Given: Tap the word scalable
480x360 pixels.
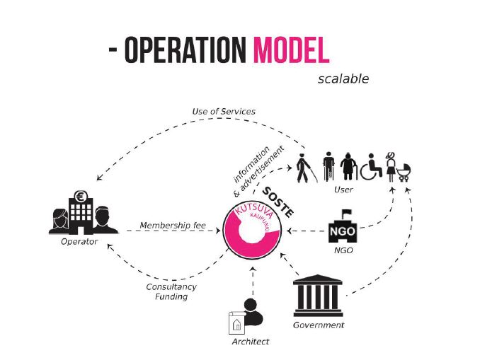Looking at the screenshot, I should (343, 79).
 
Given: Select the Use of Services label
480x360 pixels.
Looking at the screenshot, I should (224, 112).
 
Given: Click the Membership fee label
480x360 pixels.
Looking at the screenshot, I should (173, 226).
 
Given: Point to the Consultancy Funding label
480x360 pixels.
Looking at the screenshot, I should (171, 291).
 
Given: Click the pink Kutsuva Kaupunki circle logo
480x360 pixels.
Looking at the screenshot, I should (252, 233).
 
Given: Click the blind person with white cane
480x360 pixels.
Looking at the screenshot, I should (304, 167).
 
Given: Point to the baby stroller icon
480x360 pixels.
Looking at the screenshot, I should (405, 170).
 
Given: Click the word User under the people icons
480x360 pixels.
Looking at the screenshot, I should (343, 190).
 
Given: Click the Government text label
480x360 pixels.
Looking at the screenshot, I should (319, 325).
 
